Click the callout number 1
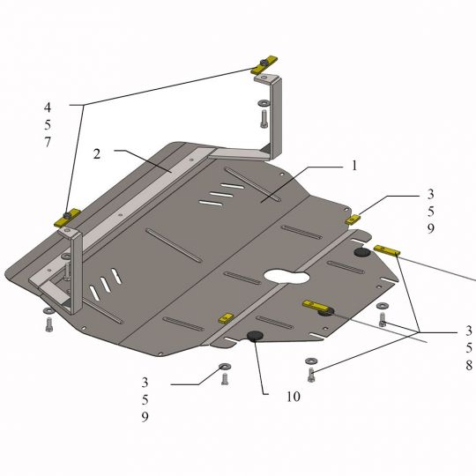(354, 166)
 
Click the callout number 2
(97, 154)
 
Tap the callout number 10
(294, 397)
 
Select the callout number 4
(48, 107)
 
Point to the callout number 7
(48, 142)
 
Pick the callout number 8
(469, 365)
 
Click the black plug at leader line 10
(255, 336)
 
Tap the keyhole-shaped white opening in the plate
(286, 276)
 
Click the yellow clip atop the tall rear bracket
(264, 64)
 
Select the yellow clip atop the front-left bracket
(67, 218)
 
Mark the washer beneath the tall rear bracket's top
(264, 103)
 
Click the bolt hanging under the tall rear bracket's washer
(264, 119)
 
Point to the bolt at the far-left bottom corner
(48, 325)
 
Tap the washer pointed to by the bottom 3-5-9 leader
(225, 366)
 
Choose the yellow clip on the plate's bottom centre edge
(226, 318)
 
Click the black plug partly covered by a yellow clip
(326, 311)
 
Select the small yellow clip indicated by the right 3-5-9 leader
(352, 219)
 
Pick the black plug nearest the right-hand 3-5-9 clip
(362, 253)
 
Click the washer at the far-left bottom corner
(48, 310)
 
